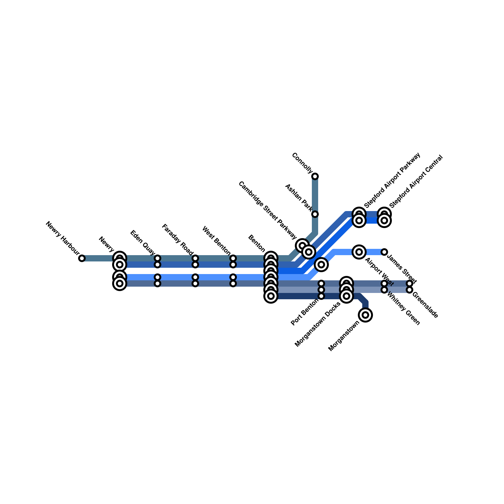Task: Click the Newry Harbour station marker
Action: coord(82,258)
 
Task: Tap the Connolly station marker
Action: coord(315,176)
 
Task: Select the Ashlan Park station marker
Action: coord(315,214)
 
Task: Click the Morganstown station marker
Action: coord(365,315)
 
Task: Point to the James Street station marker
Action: coord(384,252)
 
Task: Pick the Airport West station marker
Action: coord(359,252)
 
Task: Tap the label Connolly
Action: coord(302,163)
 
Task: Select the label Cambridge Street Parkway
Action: coord(267,210)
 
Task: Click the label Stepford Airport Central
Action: coord(416,181)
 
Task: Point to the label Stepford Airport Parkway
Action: coord(392,180)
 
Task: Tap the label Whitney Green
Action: coord(403,309)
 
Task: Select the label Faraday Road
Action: coord(177,240)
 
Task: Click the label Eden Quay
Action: coord(143,243)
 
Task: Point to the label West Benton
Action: coord(216,240)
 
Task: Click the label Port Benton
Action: coord(305,312)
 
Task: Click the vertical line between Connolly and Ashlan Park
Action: coord(315,195)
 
